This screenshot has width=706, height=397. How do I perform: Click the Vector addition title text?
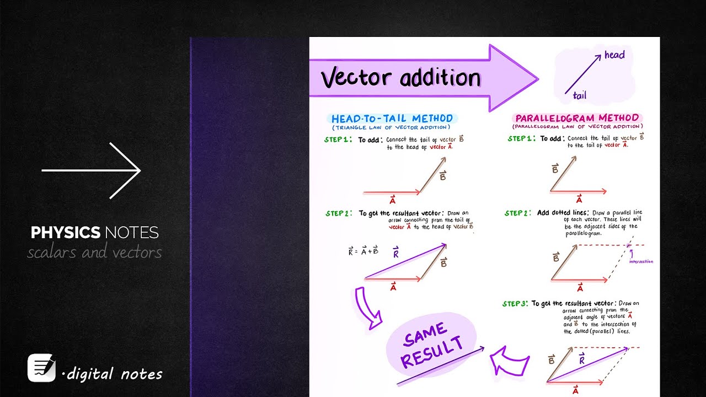point(401,78)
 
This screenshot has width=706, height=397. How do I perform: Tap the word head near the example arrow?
point(614,55)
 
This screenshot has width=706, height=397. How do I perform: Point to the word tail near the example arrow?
point(579,96)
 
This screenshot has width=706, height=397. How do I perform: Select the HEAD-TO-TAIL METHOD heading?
point(392,119)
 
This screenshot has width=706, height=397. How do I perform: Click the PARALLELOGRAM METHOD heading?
point(577,118)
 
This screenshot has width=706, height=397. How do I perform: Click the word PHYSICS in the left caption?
point(65,233)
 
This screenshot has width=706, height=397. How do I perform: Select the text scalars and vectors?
point(94,253)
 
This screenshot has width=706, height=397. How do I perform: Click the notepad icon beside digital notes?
point(41,368)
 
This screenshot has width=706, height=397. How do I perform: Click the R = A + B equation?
point(363,252)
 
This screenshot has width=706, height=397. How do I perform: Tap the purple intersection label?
point(641,261)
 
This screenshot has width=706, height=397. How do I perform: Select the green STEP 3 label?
point(514,304)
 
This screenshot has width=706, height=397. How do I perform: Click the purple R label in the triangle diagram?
point(395,254)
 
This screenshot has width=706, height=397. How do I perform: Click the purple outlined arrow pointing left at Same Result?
point(510,362)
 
